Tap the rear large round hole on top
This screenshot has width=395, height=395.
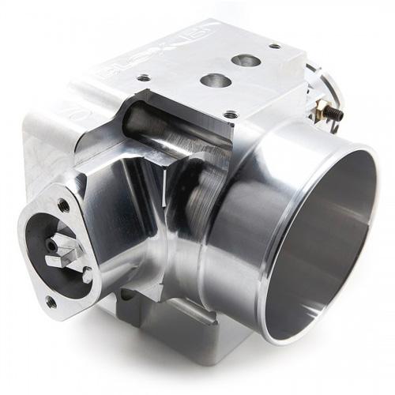coord(246,60)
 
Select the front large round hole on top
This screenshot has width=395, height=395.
coord(216,80)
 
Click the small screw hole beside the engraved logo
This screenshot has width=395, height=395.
coord(143,77)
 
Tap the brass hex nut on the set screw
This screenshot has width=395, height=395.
coord(320,110)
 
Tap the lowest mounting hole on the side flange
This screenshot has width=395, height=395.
coord(51,301)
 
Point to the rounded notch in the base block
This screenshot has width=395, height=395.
coord(126,297)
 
